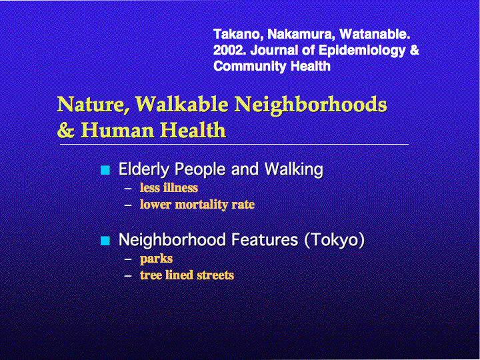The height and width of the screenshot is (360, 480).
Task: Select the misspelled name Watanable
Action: click(375, 34)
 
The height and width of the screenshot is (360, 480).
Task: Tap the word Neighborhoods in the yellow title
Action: click(311, 105)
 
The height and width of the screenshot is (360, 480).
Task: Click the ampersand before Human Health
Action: click(66, 130)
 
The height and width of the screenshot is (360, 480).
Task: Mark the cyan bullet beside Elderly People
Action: click(105, 170)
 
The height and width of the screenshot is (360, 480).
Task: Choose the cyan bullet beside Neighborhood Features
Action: click(105, 241)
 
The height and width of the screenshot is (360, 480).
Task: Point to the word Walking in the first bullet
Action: click(293, 169)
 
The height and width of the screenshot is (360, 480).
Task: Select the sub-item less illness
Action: click(169, 187)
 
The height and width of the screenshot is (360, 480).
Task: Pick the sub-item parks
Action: click(156, 259)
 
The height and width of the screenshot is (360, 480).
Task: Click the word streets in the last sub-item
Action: click(215, 275)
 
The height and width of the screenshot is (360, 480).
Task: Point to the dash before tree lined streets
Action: click(128, 275)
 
